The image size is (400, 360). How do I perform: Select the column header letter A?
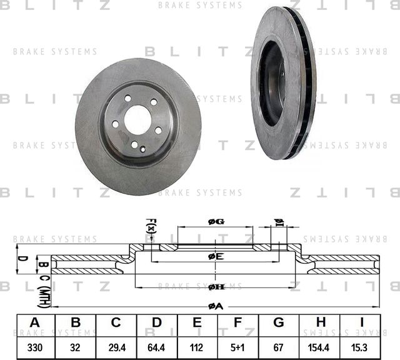35,323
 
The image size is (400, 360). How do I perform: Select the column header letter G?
279,323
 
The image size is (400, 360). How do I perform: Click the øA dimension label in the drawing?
216,306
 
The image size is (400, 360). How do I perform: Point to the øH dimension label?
216,286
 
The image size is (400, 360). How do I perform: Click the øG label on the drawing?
216,222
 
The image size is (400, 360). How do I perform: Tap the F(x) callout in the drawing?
151,227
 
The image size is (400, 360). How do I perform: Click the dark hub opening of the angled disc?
272,84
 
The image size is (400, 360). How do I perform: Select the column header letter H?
320,323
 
